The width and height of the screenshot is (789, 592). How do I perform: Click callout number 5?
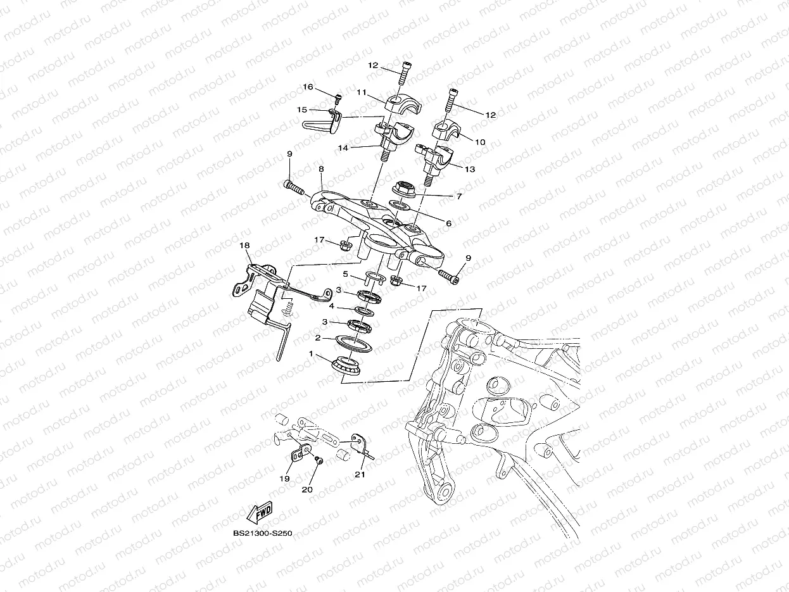(x=346, y=274)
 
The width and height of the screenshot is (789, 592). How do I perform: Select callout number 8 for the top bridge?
(x=321, y=169)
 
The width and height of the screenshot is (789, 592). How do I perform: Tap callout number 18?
(x=244, y=245)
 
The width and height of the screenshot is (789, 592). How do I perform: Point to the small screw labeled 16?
(x=338, y=98)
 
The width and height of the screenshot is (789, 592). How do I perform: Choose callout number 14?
(x=343, y=148)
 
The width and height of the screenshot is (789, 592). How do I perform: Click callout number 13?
(x=470, y=169)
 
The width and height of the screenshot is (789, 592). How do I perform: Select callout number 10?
(x=480, y=142)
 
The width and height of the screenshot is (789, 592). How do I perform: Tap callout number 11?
(x=362, y=92)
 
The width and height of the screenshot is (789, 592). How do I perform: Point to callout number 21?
(x=360, y=474)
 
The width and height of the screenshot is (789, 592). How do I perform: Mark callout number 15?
(x=302, y=110)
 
